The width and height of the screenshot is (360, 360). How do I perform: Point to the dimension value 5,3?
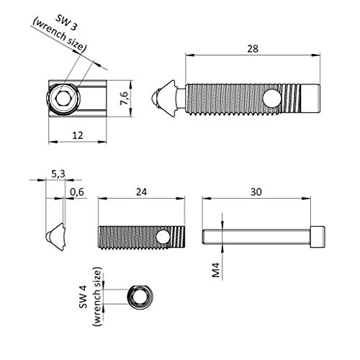tap(58, 173)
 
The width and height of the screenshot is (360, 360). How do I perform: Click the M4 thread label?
tap(215, 271)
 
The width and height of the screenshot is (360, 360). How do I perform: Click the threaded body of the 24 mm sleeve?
tap(130, 235)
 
